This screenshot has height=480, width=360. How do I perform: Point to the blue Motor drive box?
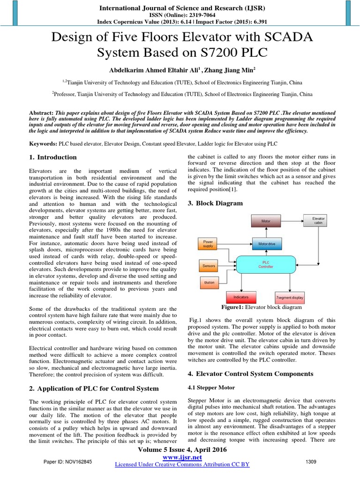[x=267, y=244]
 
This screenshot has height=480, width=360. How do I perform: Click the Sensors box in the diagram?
[x=209, y=266]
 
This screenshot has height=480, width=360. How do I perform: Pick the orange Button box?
[x=209, y=283]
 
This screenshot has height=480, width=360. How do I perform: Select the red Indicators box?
[x=244, y=297]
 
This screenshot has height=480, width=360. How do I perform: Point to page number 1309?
[x=310, y=462]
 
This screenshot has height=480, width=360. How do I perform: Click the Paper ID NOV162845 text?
[x=68, y=462]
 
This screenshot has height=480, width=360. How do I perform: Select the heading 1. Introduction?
[x=53, y=157]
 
